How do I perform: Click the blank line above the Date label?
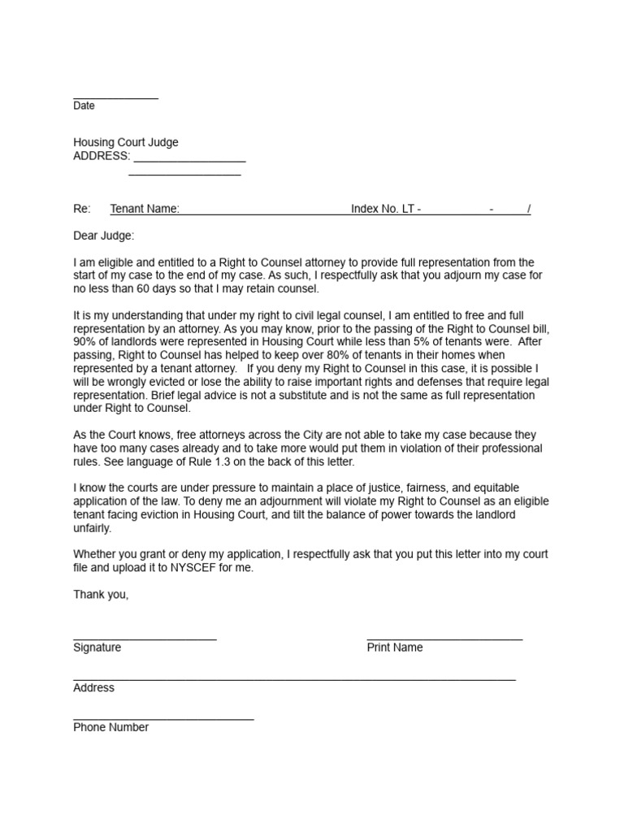coord(115,97)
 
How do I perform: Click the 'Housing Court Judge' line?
coord(126,143)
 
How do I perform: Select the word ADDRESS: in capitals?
coord(101,156)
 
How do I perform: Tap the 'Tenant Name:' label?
coord(145,209)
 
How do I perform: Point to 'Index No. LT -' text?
coord(386,209)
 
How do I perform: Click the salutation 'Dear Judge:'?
coord(104,236)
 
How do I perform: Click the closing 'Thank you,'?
coord(101,595)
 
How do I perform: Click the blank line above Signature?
coord(145,639)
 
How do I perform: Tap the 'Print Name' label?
coord(395,648)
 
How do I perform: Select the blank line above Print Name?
coord(444,639)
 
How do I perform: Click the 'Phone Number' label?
coord(110,727)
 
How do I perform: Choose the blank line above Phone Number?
coord(162,718)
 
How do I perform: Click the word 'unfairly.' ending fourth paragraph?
coord(93,528)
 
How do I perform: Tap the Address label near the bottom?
coord(93,687)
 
